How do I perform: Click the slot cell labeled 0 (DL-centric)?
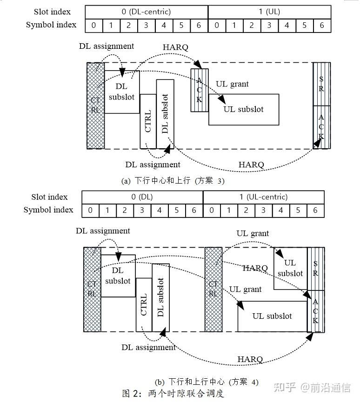tap(147, 12)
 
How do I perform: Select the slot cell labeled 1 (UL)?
tap(269, 12)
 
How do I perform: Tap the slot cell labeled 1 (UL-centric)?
tap(263, 197)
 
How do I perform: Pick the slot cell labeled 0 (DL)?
tap(142, 197)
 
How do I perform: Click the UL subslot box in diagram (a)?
tap(243, 109)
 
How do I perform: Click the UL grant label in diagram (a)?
tap(232, 84)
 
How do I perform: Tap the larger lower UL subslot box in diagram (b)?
tap(272, 316)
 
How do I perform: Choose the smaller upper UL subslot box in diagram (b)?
tap(290, 268)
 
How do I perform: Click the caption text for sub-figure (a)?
tap(173, 181)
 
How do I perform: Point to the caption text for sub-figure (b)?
tap(207, 382)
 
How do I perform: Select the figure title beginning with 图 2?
tap(173, 394)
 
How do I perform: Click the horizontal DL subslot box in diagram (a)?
tap(121, 92)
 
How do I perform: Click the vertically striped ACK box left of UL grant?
tap(200, 90)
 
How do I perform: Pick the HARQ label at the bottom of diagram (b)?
tap(250, 359)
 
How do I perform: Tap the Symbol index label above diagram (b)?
tap(48, 210)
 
